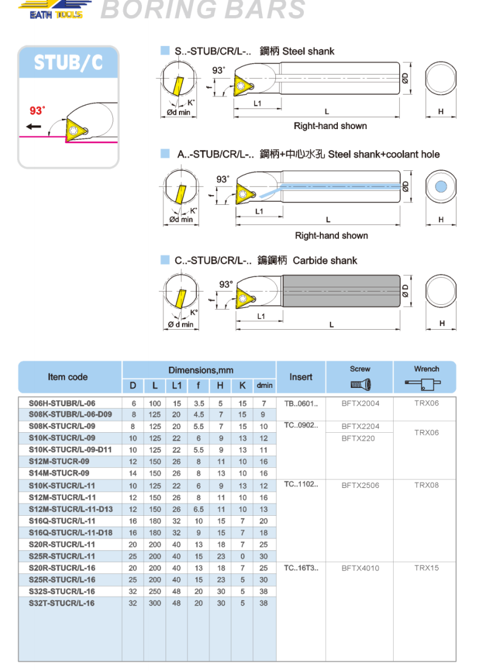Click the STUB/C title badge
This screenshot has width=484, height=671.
tap(68, 62)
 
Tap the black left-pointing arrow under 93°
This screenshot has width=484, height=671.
tap(34, 127)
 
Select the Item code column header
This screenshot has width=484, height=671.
tap(68, 377)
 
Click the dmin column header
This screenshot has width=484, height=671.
tap(264, 386)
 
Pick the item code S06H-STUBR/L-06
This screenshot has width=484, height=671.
tap(62, 403)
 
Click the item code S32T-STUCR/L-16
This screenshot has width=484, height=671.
tap(62, 603)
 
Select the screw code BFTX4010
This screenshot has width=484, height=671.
tap(360, 568)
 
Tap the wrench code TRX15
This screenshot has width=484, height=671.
tap(426, 568)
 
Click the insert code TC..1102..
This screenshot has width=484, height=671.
tap(301, 485)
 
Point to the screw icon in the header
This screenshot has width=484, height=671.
tap(360, 384)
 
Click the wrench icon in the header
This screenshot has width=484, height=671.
tap(426, 384)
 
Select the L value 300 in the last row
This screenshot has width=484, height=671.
tap(155, 603)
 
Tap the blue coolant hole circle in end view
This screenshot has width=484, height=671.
tap(441, 187)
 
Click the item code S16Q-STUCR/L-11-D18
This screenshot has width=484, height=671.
tap(71, 533)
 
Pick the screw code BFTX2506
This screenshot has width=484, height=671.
tap(360, 485)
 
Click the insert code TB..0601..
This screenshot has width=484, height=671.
tap(301, 403)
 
